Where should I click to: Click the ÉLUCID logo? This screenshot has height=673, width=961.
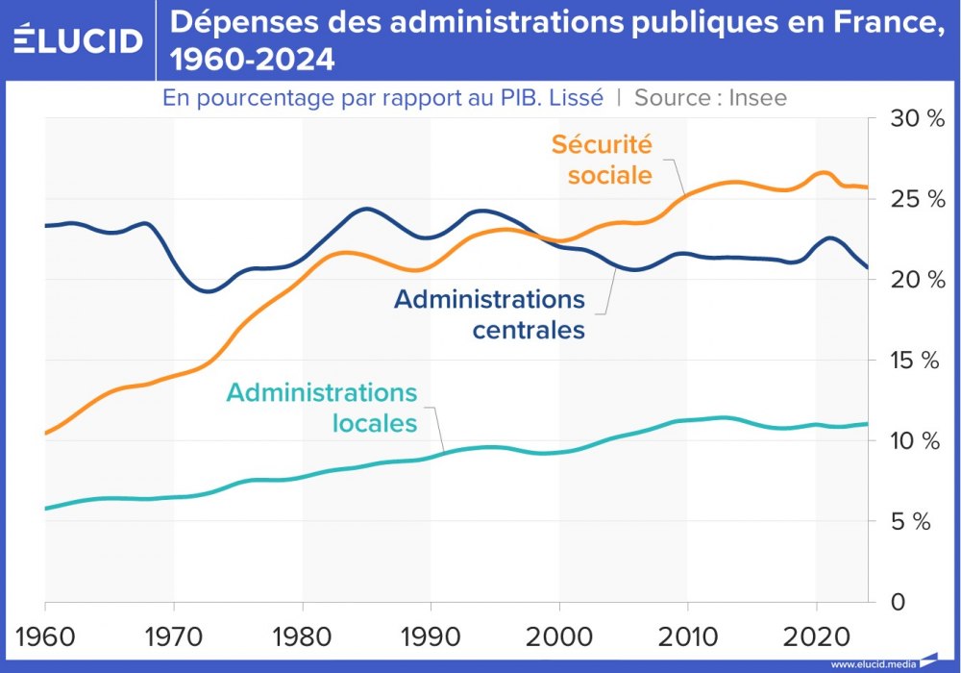[78, 39]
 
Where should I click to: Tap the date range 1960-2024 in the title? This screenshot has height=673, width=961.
[253, 61]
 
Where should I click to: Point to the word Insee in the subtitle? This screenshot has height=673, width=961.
[757, 97]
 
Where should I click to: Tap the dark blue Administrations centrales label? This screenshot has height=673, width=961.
[489, 314]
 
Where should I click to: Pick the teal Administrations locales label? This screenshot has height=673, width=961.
[322, 408]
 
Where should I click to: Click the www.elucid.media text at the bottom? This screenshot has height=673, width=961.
[873, 663]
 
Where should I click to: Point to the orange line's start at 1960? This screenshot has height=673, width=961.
[46, 434]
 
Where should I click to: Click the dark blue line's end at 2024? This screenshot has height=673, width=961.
[868, 267]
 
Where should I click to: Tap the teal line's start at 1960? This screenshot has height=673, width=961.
[46, 508]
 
